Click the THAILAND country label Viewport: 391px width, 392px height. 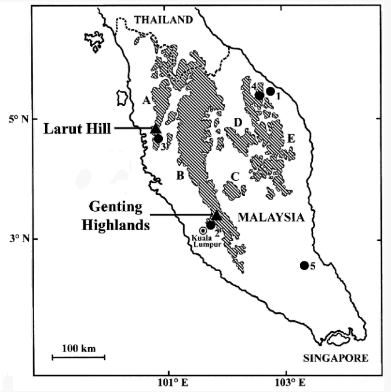(x=163, y=20)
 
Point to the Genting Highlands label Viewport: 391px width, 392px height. (x=120, y=216)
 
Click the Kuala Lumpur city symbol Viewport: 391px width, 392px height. (x=203, y=231)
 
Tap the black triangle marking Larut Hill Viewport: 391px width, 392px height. (x=155, y=129)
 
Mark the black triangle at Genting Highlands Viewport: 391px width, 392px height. (x=216, y=215)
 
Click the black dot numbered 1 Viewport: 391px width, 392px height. (x=270, y=91)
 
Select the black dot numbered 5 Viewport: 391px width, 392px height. (x=305, y=265)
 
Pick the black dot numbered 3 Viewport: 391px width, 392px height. (x=158, y=138)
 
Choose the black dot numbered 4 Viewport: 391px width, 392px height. (x=260, y=95)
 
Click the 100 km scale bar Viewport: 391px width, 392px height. (x=78, y=357)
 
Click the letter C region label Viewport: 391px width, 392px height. (x=235, y=176)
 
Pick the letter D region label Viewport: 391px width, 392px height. (x=237, y=122)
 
